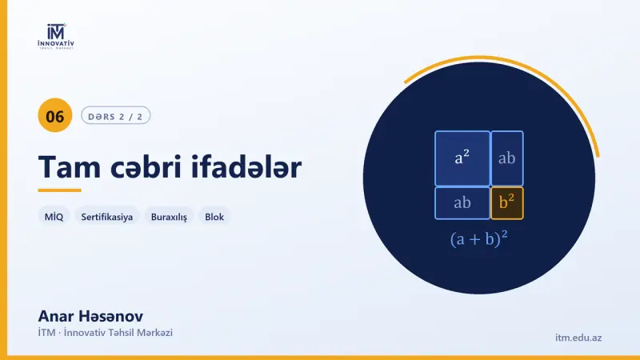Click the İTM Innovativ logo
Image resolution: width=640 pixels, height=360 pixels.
click(x=56, y=37)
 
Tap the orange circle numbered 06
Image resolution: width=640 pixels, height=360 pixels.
click(x=55, y=115)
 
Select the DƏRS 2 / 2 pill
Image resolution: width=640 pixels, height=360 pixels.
click(x=115, y=115)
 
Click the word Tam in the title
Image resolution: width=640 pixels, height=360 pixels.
click(x=70, y=167)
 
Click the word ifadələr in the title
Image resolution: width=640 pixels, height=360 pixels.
click(x=246, y=167)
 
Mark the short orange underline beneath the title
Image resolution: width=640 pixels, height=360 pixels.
click(x=59, y=190)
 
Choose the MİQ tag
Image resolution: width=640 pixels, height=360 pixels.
click(x=54, y=217)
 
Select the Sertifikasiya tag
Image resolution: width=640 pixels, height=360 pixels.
click(x=107, y=217)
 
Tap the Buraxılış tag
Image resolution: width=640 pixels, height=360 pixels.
click(x=169, y=217)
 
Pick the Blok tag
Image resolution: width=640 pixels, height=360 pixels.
click(x=214, y=217)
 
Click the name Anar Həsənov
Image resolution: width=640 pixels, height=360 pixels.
click(x=90, y=316)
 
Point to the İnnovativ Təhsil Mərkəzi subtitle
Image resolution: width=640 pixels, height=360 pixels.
click(x=106, y=333)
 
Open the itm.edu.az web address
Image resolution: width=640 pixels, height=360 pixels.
click(x=578, y=338)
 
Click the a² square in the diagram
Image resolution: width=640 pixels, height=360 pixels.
click(x=462, y=158)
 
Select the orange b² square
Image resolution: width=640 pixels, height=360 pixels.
click(x=507, y=203)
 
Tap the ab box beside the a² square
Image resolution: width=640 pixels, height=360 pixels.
click(x=507, y=158)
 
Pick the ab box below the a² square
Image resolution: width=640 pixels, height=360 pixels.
click(x=462, y=203)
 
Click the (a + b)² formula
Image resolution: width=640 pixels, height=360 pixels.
click(x=478, y=238)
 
